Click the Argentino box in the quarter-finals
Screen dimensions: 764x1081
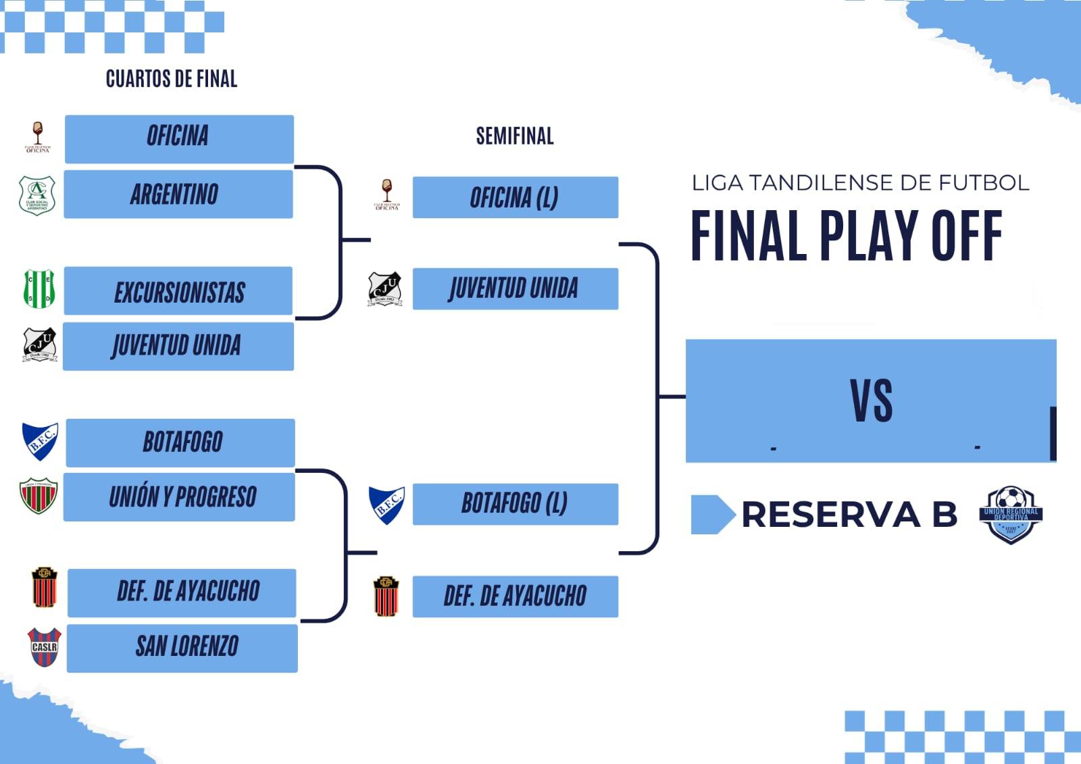(x=178, y=195)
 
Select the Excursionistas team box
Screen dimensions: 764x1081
(x=178, y=291)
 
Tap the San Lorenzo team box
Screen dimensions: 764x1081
(x=182, y=648)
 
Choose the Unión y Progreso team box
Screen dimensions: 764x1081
(x=180, y=497)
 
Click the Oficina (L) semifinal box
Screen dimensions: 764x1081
(x=515, y=197)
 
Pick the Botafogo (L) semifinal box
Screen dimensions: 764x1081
(x=515, y=504)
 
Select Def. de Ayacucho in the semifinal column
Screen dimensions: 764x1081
(x=515, y=596)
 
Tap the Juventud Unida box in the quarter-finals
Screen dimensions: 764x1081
(x=178, y=347)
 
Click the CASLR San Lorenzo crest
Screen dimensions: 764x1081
(x=45, y=646)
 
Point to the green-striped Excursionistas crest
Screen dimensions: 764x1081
(x=39, y=288)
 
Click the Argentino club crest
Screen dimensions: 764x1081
(x=37, y=195)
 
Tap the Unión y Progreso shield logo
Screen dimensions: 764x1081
(x=39, y=495)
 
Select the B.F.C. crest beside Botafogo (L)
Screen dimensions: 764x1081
(x=386, y=505)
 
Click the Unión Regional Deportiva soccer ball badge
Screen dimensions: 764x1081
(x=1011, y=514)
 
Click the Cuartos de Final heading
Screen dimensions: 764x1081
(x=172, y=79)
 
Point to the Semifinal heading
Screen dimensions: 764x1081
(x=515, y=136)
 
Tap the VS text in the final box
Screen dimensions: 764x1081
(x=872, y=401)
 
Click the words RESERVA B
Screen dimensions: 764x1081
(x=849, y=515)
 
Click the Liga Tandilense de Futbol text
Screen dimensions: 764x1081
(x=860, y=182)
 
